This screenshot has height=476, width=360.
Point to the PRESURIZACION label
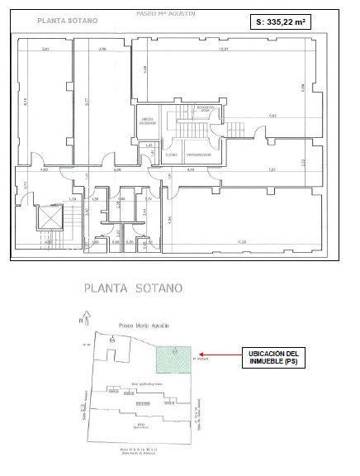pyautogui.click(x=198, y=155)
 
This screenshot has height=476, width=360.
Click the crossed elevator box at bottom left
pyautogui.click(x=50, y=220)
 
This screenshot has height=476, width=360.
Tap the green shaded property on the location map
pyautogui.click(x=174, y=358)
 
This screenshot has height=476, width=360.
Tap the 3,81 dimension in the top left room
pyautogui.click(x=46, y=50)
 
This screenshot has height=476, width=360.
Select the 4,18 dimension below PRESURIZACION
pyautogui.click(x=191, y=170)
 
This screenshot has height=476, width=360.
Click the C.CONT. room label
pyautogui.click(x=173, y=155)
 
